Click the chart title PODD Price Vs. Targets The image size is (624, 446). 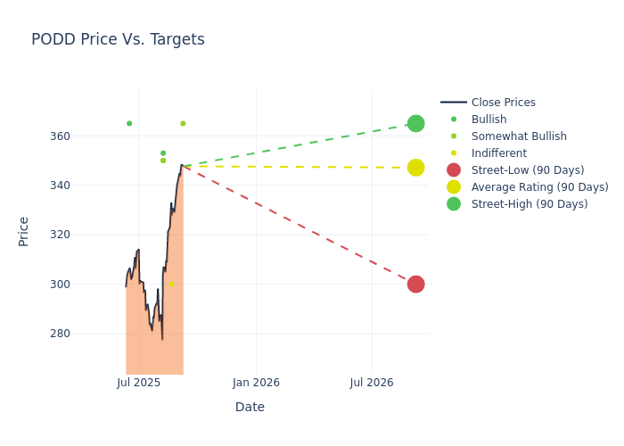(118, 39)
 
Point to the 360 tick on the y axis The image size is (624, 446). (84, 136)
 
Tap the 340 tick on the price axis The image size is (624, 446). (84, 186)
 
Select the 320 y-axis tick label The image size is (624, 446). (84, 235)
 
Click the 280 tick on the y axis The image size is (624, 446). (84, 334)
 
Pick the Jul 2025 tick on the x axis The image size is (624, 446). (139, 383)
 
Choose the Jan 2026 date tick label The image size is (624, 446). (256, 383)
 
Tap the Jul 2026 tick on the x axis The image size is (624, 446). (372, 383)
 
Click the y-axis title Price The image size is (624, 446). (24, 231)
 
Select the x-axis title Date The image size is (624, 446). (250, 407)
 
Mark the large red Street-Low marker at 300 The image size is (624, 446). (415, 285)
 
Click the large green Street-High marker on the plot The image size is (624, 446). (415, 123)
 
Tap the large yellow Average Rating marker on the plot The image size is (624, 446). (415, 168)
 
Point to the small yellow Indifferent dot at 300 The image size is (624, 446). (171, 285)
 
